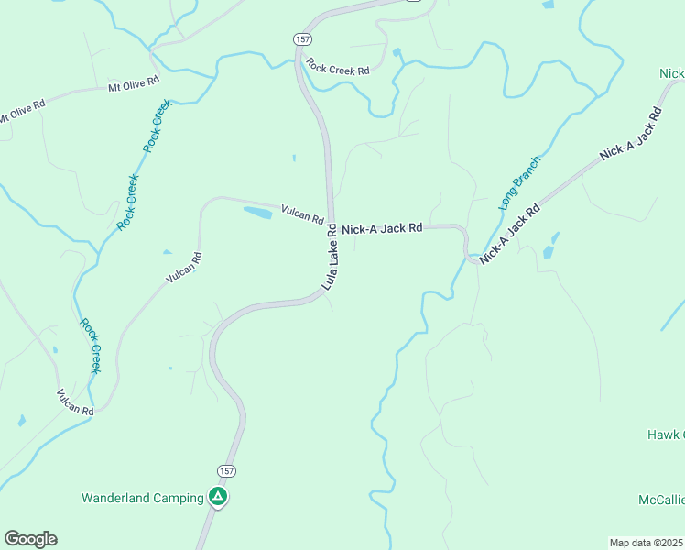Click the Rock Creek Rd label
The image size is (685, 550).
point(338,68)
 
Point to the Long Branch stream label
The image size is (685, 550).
point(520,183)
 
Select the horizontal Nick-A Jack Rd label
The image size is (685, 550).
point(382,227)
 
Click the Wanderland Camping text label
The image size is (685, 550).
point(143,498)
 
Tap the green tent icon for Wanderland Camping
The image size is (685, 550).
point(218,498)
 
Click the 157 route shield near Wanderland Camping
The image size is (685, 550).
point(227,471)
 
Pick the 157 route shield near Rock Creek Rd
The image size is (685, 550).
point(301,38)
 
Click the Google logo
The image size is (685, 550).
point(30,539)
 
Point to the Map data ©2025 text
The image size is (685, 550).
point(646,543)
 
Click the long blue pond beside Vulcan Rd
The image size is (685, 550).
point(258,213)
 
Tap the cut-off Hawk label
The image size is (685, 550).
point(666,434)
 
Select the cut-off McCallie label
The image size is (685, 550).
point(661,500)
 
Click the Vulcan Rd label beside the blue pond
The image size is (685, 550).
point(303,214)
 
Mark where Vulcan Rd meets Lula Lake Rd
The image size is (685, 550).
point(331,223)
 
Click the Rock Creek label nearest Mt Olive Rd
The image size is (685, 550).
point(157,126)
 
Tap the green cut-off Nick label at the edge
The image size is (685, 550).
point(671,73)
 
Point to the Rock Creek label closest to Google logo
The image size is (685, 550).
point(90,346)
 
